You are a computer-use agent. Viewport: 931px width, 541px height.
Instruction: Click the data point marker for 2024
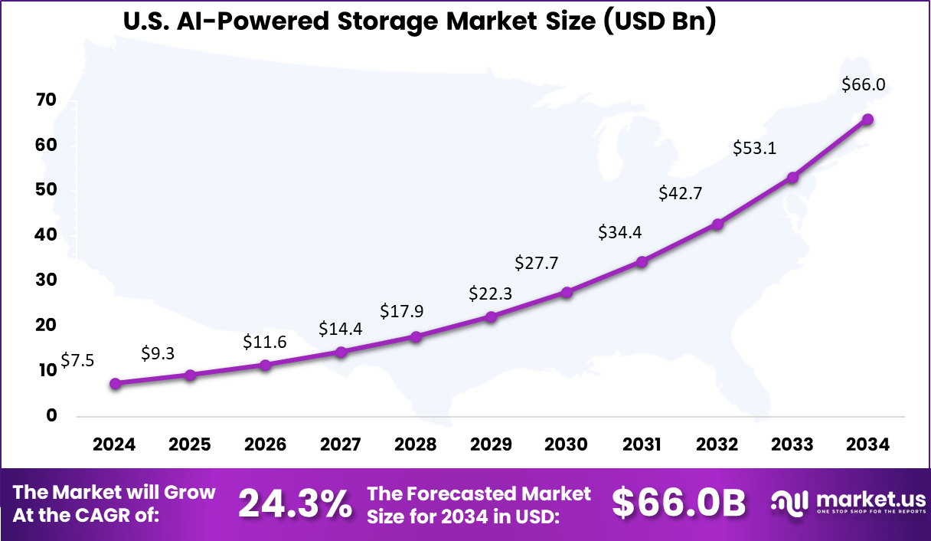point(115,383)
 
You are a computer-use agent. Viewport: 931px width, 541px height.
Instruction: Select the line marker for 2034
point(867,120)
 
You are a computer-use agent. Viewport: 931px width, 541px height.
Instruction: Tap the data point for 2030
point(567,292)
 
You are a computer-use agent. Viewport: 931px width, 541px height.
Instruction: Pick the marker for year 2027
point(341,352)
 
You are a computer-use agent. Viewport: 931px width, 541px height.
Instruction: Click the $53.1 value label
point(754,148)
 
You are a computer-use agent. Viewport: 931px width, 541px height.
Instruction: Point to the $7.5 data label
point(77,360)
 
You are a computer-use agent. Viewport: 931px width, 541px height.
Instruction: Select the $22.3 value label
point(491,293)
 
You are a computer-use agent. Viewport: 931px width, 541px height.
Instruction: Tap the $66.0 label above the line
point(863,85)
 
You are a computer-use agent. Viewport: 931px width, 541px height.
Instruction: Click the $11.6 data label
point(265,342)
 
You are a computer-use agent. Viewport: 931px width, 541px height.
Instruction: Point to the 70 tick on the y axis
point(45,100)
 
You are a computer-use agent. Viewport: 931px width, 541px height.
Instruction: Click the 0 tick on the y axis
point(51,416)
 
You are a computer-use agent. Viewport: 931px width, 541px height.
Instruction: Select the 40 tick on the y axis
point(45,235)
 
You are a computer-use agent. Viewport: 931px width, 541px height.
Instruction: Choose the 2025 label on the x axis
point(190,444)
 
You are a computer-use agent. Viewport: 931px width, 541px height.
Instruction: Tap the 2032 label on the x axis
point(717,444)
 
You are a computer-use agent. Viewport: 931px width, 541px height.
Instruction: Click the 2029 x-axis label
point(491,444)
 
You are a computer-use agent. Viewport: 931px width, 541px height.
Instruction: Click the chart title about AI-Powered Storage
point(420,22)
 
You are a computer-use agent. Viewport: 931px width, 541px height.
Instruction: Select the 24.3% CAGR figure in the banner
point(296,503)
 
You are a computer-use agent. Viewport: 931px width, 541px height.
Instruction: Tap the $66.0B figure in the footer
point(678,503)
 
